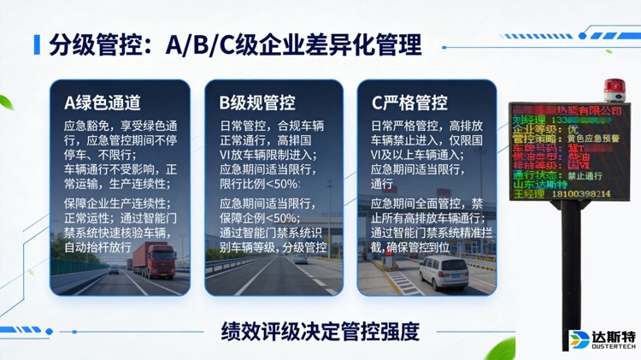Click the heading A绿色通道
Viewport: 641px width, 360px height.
(x=103, y=103)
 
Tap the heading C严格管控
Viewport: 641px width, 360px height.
(x=409, y=103)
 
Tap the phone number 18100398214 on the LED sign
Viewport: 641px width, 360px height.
(x=582, y=193)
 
